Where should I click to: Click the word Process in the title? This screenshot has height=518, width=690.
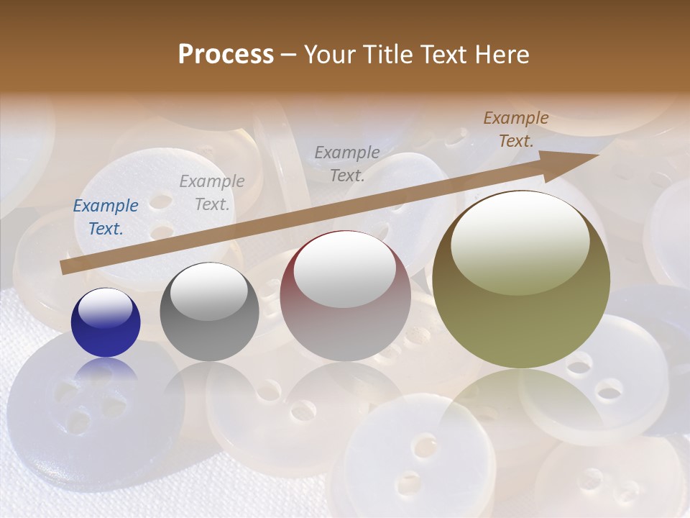pyautogui.click(x=226, y=55)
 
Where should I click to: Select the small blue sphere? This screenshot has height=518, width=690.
pyautogui.click(x=106, y=322)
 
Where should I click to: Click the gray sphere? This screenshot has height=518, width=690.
pyautogui.click(x=209, y=312)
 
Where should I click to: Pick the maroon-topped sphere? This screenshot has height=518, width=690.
pyautogui.click(x=345, y=295)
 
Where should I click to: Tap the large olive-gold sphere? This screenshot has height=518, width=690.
pyautogui.click(x=521, y=279)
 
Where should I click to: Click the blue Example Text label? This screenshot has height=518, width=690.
pyautogui.click(x=106, y=217)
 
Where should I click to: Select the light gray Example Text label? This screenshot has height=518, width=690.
pyautogui.click(x=212, y=193)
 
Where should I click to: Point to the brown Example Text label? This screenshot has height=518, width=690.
pyautogui.click(x=516, y=129)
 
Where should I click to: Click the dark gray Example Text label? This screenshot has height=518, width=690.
pyautogui.click(x=347, y=163)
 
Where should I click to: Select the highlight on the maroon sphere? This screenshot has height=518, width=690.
pyautogui.click(x=345, y=268)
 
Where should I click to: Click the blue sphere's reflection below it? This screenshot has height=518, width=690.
pyautogui.click(x=106, y=371)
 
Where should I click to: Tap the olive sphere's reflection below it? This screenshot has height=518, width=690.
pyautogui.click(x=521, y=410)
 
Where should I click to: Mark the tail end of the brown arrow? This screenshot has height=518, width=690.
pyautogui.click(x=65, y=268)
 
